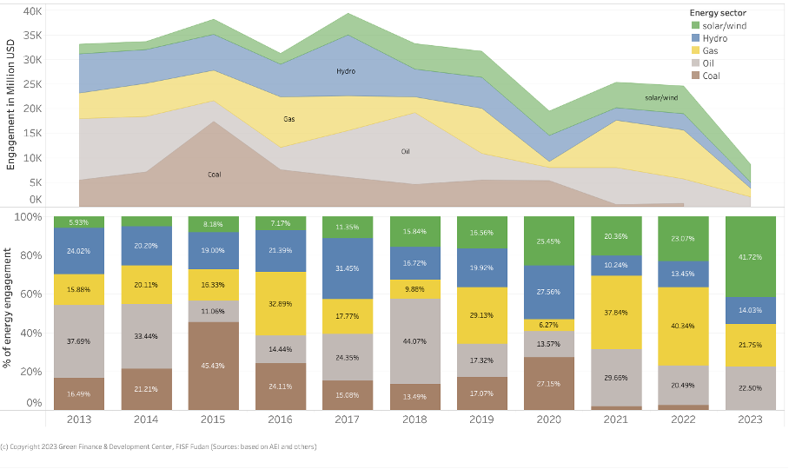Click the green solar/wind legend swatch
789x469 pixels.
[695, 26]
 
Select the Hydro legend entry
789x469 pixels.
[715, 38]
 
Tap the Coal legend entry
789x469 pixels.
[712, 76]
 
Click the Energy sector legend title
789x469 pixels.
[718, 13]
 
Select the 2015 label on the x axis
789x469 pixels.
[212, 419]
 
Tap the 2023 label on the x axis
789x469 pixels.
[749, 419]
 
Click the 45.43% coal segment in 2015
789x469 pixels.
[212, 366]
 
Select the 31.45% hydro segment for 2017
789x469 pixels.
[347, 268]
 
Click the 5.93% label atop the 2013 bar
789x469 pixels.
[78, 222]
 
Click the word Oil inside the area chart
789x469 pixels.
[405, 151]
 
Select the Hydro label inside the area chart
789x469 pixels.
[345, 71]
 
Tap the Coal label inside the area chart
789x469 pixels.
[214, 175]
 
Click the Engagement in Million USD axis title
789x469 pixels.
[12, 103]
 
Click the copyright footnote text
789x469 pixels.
[161, 446]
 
